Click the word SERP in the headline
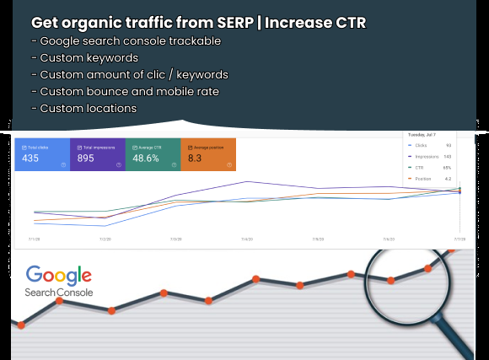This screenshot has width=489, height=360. pos(222,23)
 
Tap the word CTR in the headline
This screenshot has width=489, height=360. pos(348,23)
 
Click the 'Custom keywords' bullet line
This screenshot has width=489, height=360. pos(87,58)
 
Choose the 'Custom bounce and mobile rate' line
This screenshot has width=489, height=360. pos(125,92)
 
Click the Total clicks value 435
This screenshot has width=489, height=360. pos(31,158)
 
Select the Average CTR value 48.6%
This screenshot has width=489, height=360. pos(148,158)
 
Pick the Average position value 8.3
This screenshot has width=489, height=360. pos(195,158)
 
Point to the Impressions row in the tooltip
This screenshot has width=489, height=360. pos(427,156)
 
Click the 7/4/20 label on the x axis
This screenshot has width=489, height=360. pos(246,239)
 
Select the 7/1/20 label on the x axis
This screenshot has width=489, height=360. pos(33,239)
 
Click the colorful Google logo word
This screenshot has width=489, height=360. pos(58,276)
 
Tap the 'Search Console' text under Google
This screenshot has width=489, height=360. pos(60,293)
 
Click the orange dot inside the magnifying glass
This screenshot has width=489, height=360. pos(390,282)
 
